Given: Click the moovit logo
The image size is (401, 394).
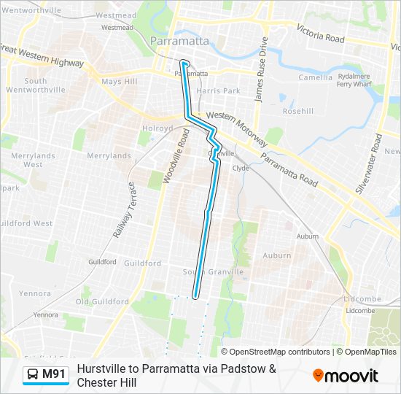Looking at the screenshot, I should point(346,376).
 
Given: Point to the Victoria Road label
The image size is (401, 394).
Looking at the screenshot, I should point(319,32).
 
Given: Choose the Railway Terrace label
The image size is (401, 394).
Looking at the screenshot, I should point(125,211).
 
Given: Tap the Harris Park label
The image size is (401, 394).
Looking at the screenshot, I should point(218,91).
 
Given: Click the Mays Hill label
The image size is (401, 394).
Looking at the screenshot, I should point(119,82).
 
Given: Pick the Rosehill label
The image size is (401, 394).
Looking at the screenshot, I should point(297,112).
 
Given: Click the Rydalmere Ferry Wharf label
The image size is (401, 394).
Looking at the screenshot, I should point(354,79).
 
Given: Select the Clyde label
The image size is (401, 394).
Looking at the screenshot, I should point(241,168).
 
